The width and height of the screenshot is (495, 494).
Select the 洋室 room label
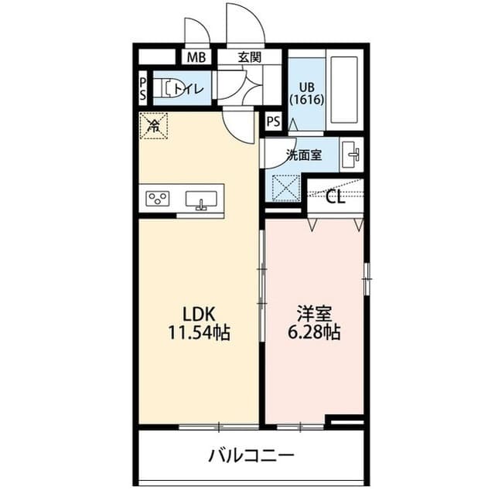click(314, 314)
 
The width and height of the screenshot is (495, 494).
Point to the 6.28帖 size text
click(314, 334)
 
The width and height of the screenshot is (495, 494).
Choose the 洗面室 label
click(303, 155)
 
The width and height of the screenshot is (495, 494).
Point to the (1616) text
click(306, 100)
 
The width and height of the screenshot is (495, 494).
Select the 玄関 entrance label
click(249, 56)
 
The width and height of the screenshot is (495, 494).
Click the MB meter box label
click(196, 56)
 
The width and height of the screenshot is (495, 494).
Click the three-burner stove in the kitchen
click(159, 198)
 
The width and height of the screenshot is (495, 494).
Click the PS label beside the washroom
click(273, 121)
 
